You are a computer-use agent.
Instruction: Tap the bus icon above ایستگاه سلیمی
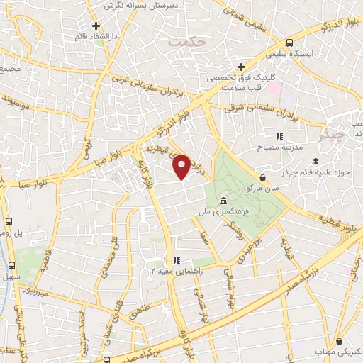(x=290, y=43)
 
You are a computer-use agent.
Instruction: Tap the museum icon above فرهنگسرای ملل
(x=224, y=201)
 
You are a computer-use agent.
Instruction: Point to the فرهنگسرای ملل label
(x=223, y=211)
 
